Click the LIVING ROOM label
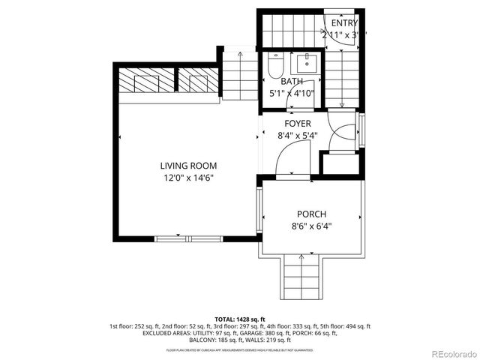tap(188, 166)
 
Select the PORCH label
tap(310, 214)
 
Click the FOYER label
tap(297, 124)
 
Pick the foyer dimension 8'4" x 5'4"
tap(297, 136)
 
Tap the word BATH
tap(292, 82)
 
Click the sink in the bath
tap(306, 61)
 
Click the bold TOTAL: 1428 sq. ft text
tap(240, 319)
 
